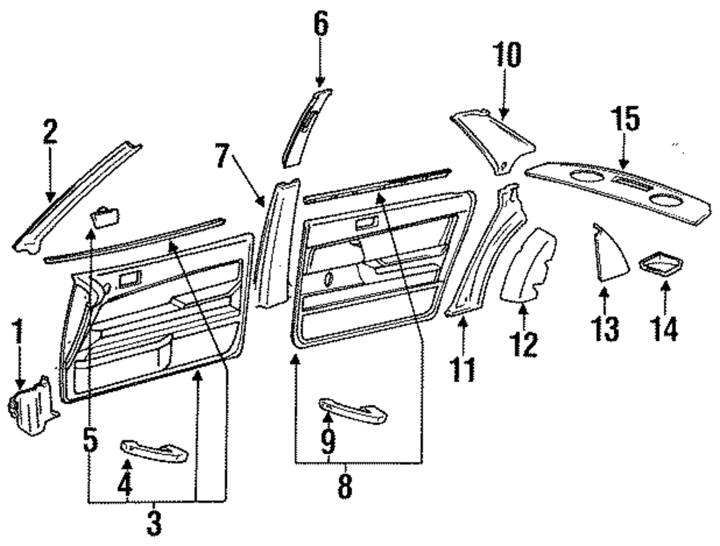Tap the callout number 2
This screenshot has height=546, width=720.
click(x=49, y=131)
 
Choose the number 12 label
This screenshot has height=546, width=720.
click(x=523, y=345)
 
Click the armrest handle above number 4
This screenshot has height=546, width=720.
click(x=154, y=451)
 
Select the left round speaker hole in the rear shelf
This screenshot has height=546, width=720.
click(x=584, y=175)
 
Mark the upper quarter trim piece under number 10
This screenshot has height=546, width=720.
click(x=495, y=137)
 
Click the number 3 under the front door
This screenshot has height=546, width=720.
click(x=154, y=523)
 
